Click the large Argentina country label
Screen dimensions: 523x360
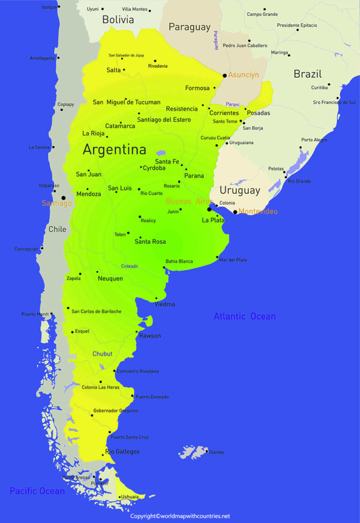[114, 150]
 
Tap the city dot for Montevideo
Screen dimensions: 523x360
[235, 212]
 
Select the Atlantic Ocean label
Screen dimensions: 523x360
[245, 316]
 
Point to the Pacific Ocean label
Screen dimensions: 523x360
[37, 491]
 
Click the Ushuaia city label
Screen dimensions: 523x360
[129, 497]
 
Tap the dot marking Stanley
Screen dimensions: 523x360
[207, 451]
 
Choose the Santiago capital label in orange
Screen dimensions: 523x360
[57, 203]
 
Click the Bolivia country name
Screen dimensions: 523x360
[118, 20]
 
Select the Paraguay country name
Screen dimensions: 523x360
[189, 27]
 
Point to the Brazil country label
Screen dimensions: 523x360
[307, 74]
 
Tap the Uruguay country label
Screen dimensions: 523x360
[240, 190]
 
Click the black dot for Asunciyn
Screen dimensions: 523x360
[225, 75]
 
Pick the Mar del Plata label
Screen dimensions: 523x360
[233, 260]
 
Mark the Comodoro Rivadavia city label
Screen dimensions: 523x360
[138, 371]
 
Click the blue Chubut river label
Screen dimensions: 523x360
[102, 354]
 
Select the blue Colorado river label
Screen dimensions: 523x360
[129, 266]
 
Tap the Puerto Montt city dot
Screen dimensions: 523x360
[52, 314]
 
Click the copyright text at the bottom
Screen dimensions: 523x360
[180, 516]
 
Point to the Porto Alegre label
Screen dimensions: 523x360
[315, 140]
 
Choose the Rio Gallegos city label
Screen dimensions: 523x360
[122, 452]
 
